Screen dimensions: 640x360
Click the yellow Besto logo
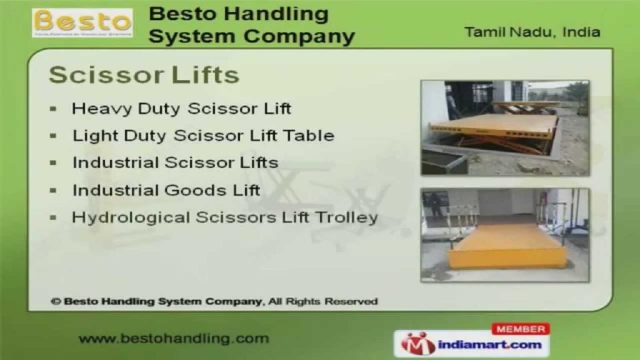pyautogui.click(x=82, y=23)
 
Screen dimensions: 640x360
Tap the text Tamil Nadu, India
pyautogui.click(x=532, y=32)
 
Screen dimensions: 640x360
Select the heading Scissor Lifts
pyautogui.click(x=144, y=75)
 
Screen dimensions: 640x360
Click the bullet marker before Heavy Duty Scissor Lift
pyautogui.click(x=53, y=109)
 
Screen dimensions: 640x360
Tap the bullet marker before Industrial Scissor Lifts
pyautogui.click(x=53, y=163)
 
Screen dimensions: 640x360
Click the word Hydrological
pyautogui.click(x=131, y=217)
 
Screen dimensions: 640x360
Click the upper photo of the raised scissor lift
pyautogui.click(x=505, y=128)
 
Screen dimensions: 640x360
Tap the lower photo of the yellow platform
pyautogui.click(x=505, y=235)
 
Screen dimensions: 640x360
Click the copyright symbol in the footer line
pyautogui.click(x=56, y=302)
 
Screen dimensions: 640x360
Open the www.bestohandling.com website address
pyautogui.click(x=174, y=339)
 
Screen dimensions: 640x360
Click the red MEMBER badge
pyautogui.click(x=521, y=329)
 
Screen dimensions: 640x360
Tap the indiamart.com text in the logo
pyautogui.click(x=490, y=345)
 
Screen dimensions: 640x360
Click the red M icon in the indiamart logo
pyautogui.click(x=417, y=344)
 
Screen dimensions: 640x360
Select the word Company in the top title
pyautogui.click(x=299, y=37)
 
